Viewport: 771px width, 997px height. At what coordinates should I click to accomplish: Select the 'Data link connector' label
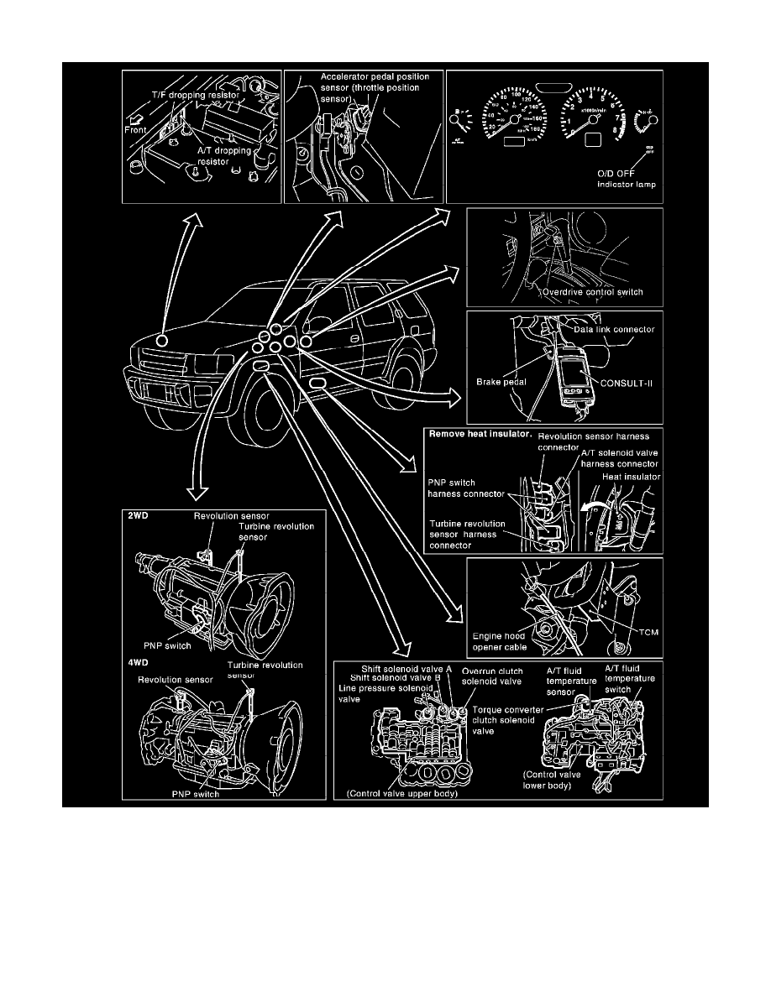pos(618,330)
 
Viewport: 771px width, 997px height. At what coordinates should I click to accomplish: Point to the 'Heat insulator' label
pos(632,476)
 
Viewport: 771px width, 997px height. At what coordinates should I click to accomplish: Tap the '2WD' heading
pos(139,517)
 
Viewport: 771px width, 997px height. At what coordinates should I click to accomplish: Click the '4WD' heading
pos(139,660)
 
